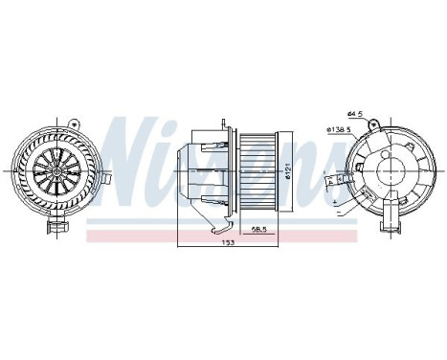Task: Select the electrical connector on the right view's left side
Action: (x=337, y=181)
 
